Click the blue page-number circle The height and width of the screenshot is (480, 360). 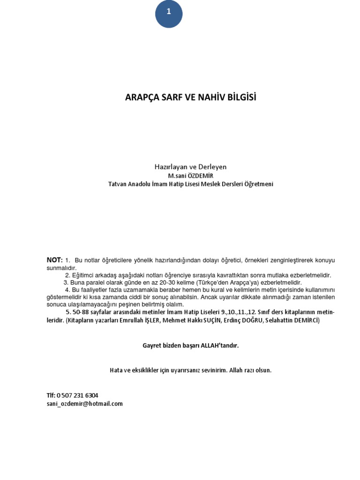pyautogui.click(x=169, y=14)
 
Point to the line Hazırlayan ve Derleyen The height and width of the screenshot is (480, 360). pyautogui.click(x=190, y=166)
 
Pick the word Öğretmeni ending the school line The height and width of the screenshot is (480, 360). pyautogui.click(x=257, y=184)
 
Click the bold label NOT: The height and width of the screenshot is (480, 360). pyautogui.click(x=54, y=260)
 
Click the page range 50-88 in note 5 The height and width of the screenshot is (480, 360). pyautogui.click(x=80, y=312)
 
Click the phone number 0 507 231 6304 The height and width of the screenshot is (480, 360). pyautogui.click(x=77, y=395)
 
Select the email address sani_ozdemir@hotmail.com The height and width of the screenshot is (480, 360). pyautogui.click(x=84, y=403)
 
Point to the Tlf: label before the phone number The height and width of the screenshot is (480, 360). pyautogui.click(x=51, y=395)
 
